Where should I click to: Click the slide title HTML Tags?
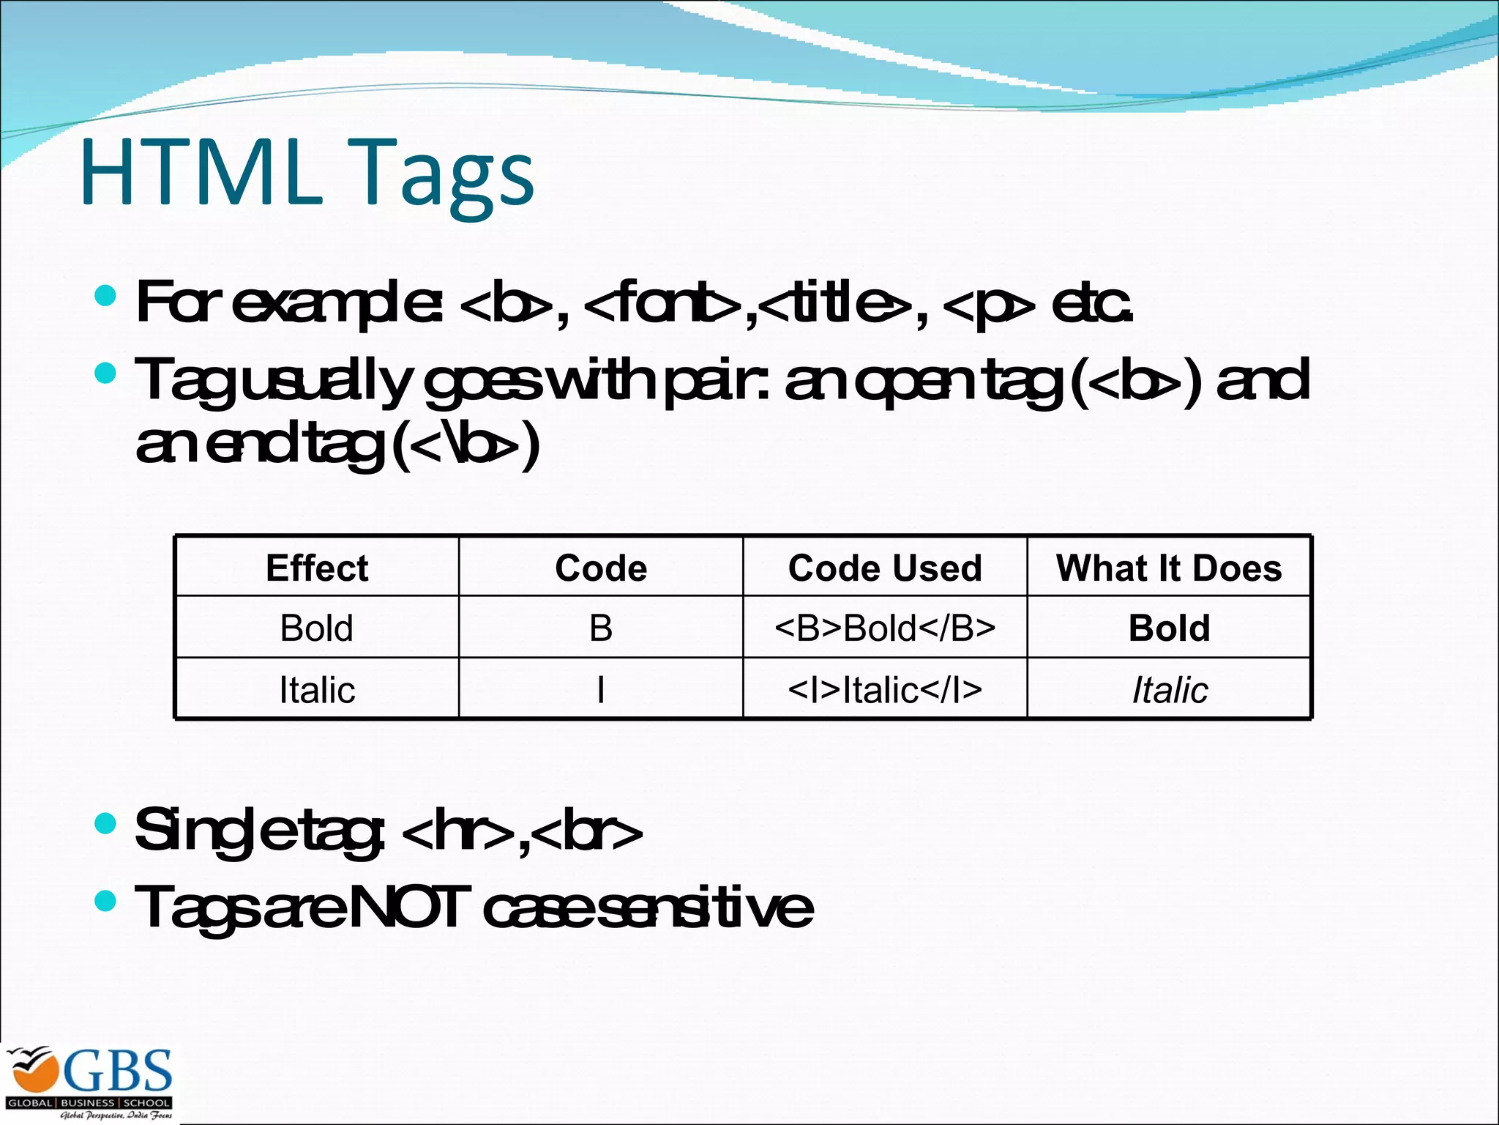click(x=307, y=174)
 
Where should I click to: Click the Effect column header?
click(x=317, y=568)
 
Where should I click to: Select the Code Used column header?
click(x=885, y=568)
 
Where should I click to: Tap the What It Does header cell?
click(x=1169, y=568)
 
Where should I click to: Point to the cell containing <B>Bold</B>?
click(x=885, y=628)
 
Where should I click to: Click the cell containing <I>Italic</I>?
click(x=885, y=690)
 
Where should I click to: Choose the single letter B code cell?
click(x=601, y=628)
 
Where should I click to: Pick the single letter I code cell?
click(x=601, y=690)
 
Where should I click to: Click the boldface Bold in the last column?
click(x=1169, y=628)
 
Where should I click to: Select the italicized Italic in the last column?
click(x=1170, y=690)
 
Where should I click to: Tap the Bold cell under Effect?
click(x=317, y=628)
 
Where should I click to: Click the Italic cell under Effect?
click(x=317, y=690)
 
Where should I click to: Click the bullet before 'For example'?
click(x=106, y=296)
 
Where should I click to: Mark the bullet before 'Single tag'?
click(x=106, y=823)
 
